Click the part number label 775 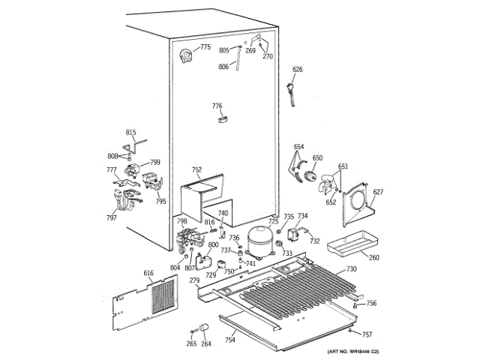tap(205, 48)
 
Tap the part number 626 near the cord tap(298, 70)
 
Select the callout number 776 tap(217, 106)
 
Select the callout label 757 tap(367, 334)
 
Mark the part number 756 tap(371, 303)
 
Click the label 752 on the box tap(197, 169)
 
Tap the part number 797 tap(111, 217)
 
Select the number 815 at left tap(131, 133)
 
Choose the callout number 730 tap(351, 269)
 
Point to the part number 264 tap(205, 344)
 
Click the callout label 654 tap(298, 146)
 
